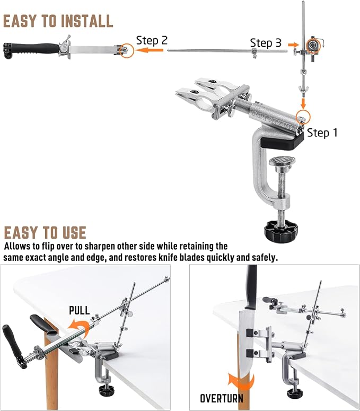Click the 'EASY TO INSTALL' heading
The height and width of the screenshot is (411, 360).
(58, 21)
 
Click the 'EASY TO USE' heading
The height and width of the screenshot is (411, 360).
(45, 233)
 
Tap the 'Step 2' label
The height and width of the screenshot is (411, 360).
(152, 40)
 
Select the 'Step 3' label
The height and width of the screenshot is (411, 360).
(266, 43)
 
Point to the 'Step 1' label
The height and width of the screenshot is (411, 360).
(322, 133)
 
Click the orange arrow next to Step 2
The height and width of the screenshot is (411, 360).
(150, 50)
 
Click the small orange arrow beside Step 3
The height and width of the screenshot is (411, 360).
(293, 45)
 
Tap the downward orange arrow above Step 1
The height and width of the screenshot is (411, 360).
(303, 103)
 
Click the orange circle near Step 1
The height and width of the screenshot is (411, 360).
(303, 117)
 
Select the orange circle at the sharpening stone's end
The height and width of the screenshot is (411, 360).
(126, 50)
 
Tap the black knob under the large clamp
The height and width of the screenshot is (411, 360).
(280, 229)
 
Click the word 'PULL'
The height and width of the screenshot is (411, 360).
(79, 310)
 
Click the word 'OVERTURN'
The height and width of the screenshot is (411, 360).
(222, 398)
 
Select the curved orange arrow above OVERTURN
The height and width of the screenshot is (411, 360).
(241, 382)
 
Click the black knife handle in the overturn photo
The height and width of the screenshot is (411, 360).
(251, 286)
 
